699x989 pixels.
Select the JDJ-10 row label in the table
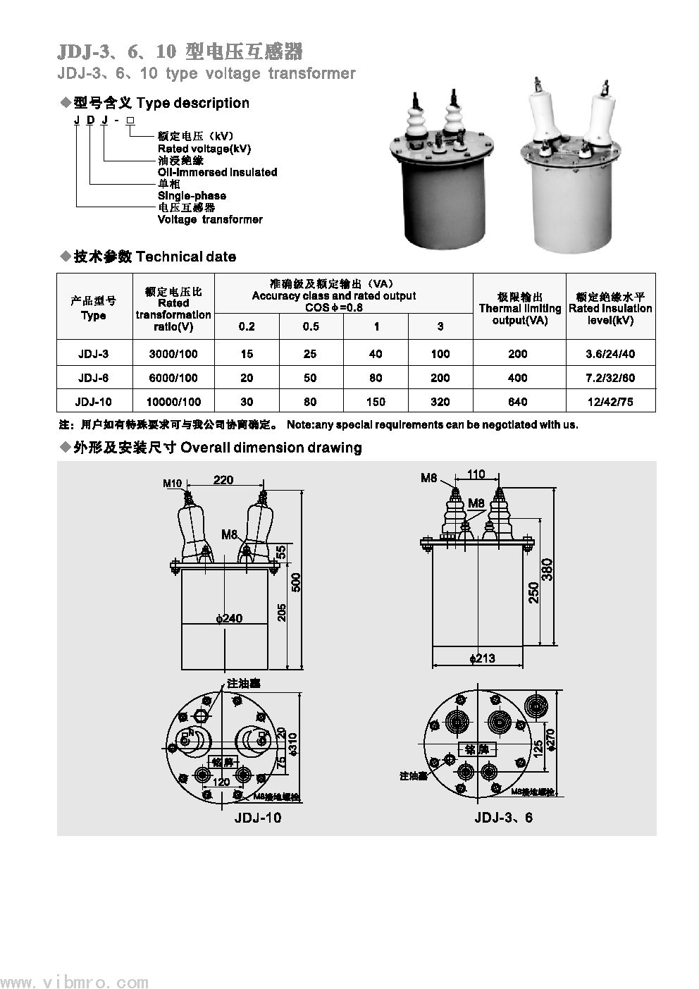point(93,402)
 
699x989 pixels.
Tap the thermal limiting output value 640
point(517,402)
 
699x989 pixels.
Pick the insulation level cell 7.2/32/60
point(610,378)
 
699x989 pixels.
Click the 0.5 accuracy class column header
point(311,326)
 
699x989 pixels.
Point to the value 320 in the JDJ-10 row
point(440,402)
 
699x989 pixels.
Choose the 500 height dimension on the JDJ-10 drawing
point(296,582)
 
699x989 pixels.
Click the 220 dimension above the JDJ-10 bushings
point(223,480)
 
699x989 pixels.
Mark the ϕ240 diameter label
point(229,618)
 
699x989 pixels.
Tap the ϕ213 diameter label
point(483,658)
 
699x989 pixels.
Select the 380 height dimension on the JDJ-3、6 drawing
point(548,568)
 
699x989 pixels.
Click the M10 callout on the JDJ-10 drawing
point(173,484)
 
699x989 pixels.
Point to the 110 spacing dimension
point(476,474)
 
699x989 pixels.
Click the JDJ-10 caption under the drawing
point(257,818)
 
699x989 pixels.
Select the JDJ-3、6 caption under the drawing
point(504,818)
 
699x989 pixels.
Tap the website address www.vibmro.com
point(74,982)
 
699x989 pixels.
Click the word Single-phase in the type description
point(192,195)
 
